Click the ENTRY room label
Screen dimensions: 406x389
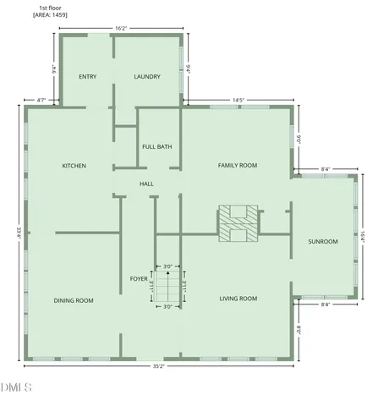point(87,77)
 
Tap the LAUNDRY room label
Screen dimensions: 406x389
point(147,77)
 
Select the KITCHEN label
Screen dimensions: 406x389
point(74,166)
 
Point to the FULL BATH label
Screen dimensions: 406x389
point(157,146)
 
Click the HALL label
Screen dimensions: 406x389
point(147,183)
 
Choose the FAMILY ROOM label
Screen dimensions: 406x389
point(238,166)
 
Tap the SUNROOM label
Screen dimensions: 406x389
point(322,241)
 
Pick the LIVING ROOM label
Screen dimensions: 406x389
point(238,299)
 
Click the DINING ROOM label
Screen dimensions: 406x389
point(74,300)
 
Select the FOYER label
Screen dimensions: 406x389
point(139,278)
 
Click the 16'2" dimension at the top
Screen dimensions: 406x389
point(120,28)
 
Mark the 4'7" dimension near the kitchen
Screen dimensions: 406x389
point(40,101)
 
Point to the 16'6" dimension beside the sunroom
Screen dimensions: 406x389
point(364,239)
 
